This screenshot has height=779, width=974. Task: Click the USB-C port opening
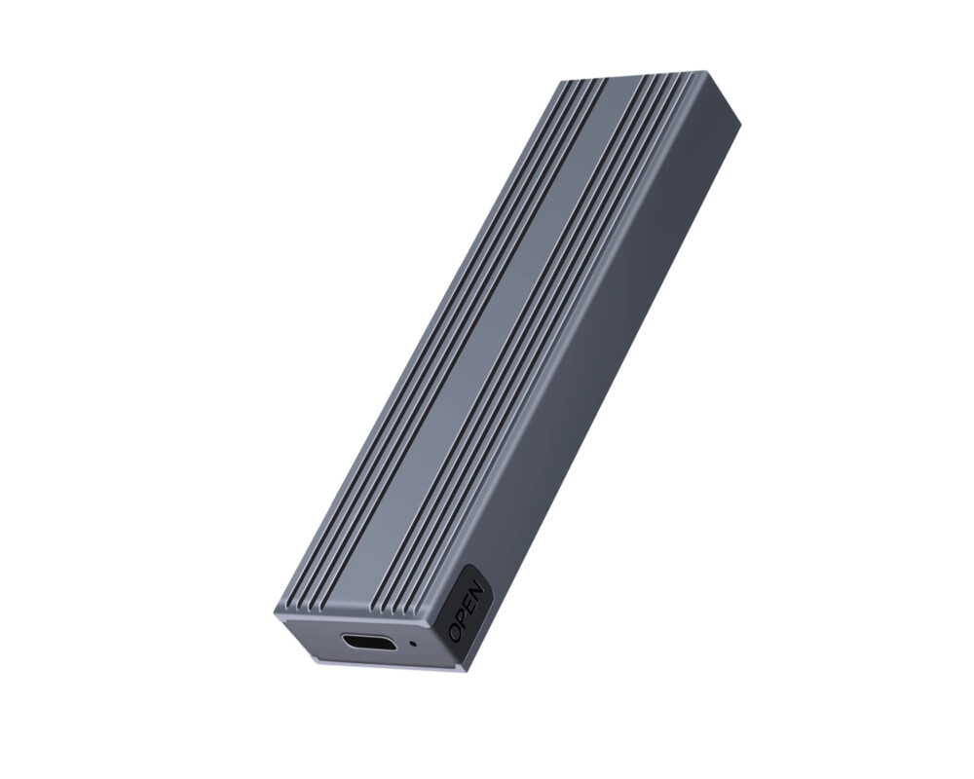tap(368, 642)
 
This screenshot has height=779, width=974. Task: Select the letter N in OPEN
tap(476, 588)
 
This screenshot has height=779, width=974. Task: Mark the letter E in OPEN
tap(470, 603)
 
